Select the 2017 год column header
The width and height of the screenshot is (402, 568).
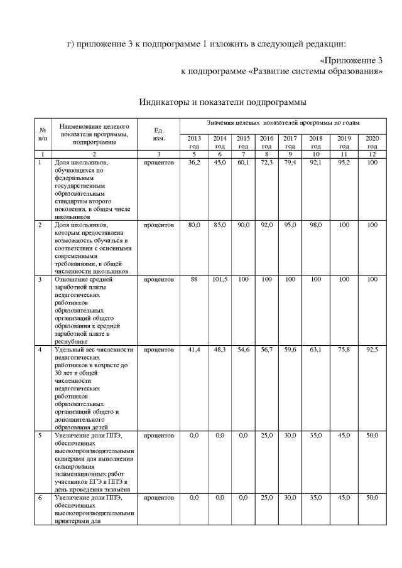(290, 142)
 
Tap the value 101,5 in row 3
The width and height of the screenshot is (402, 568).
(220, 281)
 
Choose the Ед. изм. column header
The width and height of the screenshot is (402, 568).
(159, 134)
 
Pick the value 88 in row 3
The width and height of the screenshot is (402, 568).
(193, 281)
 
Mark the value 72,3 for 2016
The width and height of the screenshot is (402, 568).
(266, 162)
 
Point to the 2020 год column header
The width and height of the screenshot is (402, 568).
(372, 142)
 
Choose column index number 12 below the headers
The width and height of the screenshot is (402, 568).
(372, 154)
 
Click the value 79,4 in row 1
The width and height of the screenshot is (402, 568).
(290, 162)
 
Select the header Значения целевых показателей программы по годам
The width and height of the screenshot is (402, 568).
(284, 124)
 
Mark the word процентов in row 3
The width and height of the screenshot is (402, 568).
(159, 281)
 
